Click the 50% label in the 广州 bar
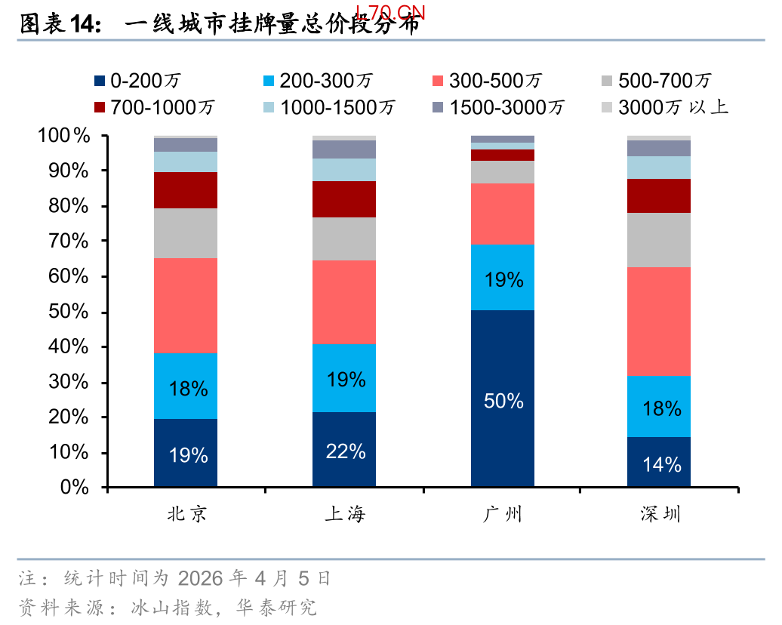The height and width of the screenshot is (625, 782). [503, 401]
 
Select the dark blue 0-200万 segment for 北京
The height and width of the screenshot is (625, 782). [186, 453]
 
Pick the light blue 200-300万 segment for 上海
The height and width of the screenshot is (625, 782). [344, 377]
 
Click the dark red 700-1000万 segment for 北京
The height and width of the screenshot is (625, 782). [186, 190]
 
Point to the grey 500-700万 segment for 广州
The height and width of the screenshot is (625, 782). [503, 172]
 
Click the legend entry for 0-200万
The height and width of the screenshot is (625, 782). [136, 81]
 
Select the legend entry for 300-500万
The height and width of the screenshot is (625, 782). [486, 81]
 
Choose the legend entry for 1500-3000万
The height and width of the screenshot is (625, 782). [497, 107]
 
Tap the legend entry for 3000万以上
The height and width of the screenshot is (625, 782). [664, 107]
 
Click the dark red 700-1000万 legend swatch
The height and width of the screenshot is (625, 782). [99, 107]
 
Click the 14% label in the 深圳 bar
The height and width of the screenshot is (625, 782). [662, 464]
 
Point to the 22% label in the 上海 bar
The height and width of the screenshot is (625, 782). [346, 451]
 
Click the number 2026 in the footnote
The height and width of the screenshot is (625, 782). [200, 579]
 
